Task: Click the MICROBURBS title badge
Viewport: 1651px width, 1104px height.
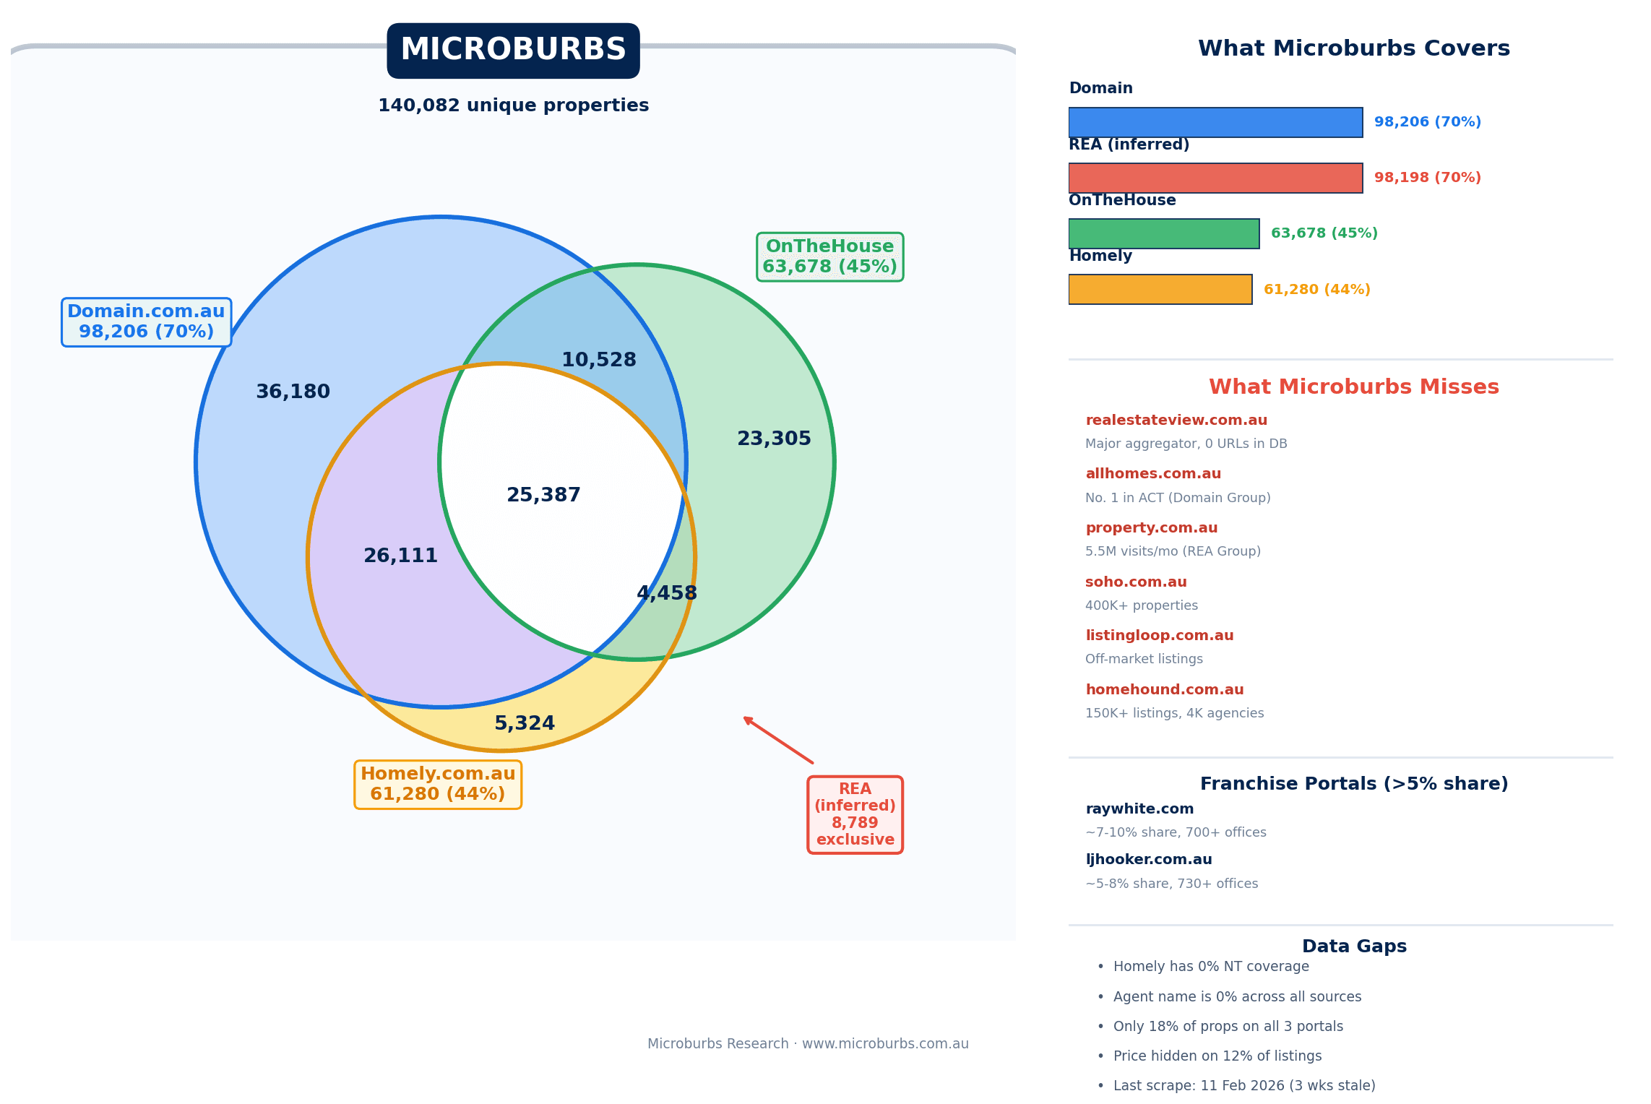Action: point(513,51)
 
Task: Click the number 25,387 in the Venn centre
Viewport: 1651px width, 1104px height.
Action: point(543,495)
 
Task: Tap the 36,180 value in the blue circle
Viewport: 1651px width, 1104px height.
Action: point(293,392)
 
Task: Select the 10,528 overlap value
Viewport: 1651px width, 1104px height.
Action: point(598,360)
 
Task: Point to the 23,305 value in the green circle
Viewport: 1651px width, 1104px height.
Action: point(774,439)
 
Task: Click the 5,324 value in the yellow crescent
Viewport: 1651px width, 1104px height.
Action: point(525,723)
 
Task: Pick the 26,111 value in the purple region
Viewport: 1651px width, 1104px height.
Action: point(400,556)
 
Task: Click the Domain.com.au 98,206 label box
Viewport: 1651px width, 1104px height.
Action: point(146,322)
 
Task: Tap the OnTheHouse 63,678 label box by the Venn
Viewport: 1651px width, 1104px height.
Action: point(829,257)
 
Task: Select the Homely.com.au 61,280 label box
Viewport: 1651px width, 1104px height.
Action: point(438,785)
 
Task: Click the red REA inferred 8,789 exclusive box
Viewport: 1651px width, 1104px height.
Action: point(855,815)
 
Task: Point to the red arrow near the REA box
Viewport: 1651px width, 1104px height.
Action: point(778,740)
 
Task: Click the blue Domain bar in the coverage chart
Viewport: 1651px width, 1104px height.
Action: point(1215,122)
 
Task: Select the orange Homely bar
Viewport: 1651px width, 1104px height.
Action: point(1160,290)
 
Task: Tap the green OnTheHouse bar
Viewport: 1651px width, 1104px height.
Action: point(1163,233)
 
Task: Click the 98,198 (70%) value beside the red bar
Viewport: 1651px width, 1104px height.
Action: point(1427,178)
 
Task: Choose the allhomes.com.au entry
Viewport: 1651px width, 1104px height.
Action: point(1153,474)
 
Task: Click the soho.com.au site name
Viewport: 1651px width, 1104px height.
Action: point(1136,582)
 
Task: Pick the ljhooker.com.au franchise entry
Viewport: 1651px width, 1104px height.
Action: point(1149,860)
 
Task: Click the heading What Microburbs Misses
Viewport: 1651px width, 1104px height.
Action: point(1353,387)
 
